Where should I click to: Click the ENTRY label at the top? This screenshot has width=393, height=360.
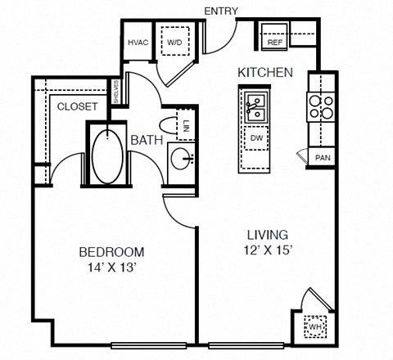click(222, 11)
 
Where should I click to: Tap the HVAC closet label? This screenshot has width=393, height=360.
click(137, 43)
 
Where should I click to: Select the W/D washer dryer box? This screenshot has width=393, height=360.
click(175, 43)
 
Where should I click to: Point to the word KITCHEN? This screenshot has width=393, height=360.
click(264, 73)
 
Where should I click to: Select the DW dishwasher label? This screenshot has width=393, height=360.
click(257, 138)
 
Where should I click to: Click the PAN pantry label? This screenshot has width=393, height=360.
click(322, 157)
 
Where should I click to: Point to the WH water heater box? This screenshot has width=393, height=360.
click(315, 326)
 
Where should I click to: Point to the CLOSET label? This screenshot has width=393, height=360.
click(78, 106)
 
